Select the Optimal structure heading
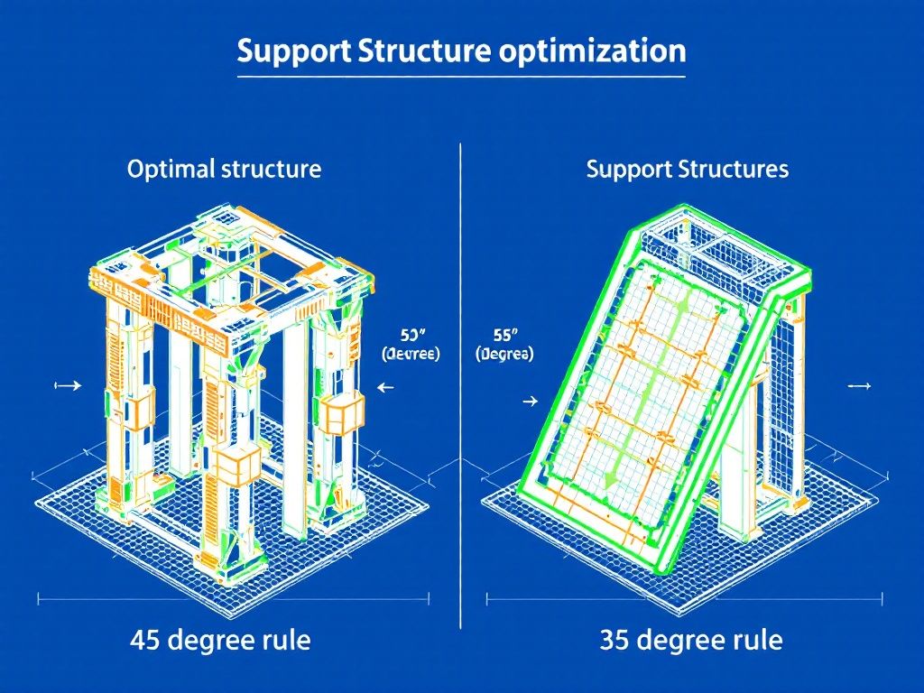tap(224, 169)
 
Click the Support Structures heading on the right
tap(687, 169)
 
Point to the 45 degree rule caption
tap(220, 641)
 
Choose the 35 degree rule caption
tap(691, 641)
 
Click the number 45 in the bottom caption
tap(146, 641)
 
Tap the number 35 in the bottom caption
tap(616, 641)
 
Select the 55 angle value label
tap(504, 335)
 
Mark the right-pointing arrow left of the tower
tap(69, 385)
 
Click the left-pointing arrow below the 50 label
tap(386, 387)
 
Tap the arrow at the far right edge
tap(861, 385)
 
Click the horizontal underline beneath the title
tap(461, 79)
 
